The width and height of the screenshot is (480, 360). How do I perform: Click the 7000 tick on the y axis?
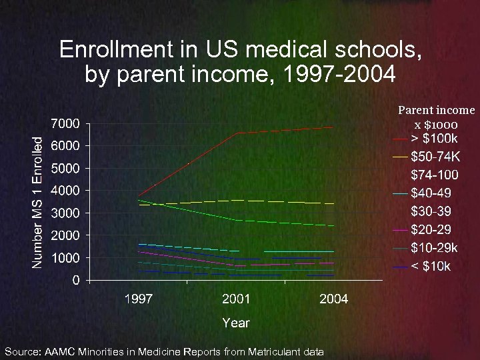point(65,123)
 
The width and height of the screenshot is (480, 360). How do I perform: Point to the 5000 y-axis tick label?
point(65,168)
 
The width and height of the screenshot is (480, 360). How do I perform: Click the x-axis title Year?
point(235,323)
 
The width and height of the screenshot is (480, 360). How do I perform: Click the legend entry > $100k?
point(434,139)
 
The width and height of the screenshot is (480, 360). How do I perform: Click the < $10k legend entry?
point(431,267)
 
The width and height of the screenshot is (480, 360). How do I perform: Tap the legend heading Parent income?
point(437,110)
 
